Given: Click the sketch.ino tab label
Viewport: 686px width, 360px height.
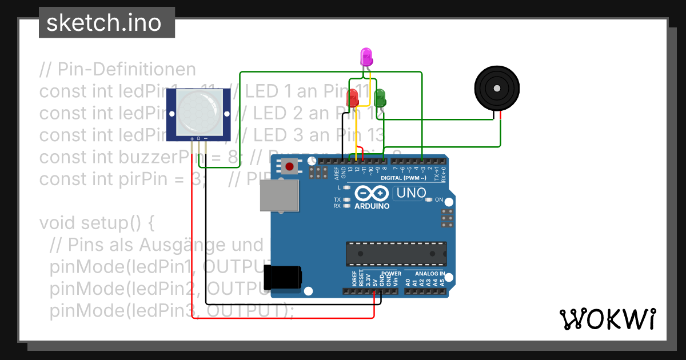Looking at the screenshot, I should point(103,23).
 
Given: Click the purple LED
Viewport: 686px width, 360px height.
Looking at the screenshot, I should point(366,57).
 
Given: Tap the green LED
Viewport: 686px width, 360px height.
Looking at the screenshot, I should point(380,98).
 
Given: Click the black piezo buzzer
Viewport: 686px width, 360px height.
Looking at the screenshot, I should point(497,89).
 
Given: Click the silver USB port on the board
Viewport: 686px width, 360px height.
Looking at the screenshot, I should point(279,196).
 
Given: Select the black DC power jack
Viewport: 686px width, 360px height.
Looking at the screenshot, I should point(284,278).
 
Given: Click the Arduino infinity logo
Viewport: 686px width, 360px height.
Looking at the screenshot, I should point(372,194).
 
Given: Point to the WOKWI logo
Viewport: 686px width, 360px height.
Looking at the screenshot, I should point(607,319).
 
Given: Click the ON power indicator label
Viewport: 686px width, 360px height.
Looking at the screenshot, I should point(439,199).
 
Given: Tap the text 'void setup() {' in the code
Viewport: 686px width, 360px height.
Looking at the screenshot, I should point(97,222).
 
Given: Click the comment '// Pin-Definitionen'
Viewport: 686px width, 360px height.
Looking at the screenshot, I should point(117,70).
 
